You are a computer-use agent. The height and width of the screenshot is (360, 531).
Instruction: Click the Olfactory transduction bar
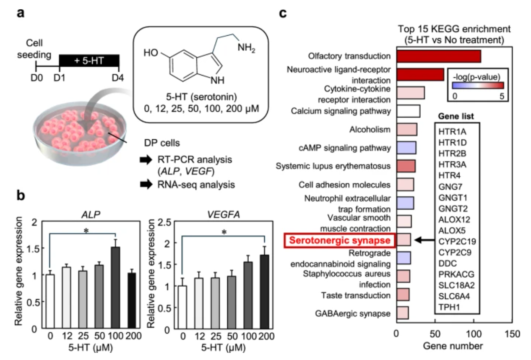[x=439, y=56]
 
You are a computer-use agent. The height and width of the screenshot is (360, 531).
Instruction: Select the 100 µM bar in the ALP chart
[x=115, y=288]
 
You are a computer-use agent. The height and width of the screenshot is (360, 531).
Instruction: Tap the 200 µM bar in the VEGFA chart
[x=265, y=292]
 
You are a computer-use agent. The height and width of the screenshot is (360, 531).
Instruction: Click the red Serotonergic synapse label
[x=340, y=240]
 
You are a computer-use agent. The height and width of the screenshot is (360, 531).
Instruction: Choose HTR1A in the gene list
[x=452, y=131]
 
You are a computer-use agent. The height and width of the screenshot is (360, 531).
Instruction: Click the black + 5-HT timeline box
[x=89, y=61]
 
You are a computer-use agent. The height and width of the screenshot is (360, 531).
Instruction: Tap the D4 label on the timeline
[x=118, y=78]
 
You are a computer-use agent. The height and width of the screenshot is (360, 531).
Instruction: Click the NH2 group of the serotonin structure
[x=246, y=48]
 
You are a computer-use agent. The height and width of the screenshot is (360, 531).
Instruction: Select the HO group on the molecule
[x=151, y=52]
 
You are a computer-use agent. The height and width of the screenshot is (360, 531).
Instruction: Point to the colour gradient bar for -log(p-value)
[x=478, y=85]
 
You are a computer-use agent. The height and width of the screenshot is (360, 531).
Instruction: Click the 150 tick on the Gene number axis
[x=512, y=334]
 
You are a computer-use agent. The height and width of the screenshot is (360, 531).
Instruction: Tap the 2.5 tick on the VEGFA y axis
[x=164, y=222]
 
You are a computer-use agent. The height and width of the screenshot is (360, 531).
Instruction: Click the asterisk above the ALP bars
[x=86, y=231]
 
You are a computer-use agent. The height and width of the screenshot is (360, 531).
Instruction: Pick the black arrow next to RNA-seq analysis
[x=146, y=184]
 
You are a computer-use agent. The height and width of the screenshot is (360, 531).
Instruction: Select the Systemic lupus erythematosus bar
[x=406, y=166]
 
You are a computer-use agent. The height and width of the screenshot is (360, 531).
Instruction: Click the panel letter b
[x=21, y=196]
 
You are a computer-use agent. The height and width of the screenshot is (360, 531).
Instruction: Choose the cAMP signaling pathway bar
[x=406, y=148]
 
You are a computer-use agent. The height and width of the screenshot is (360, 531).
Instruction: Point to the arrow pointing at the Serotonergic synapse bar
[x=424, y=240]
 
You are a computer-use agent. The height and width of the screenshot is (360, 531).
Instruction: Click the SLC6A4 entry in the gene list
[x=454, y=296]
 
